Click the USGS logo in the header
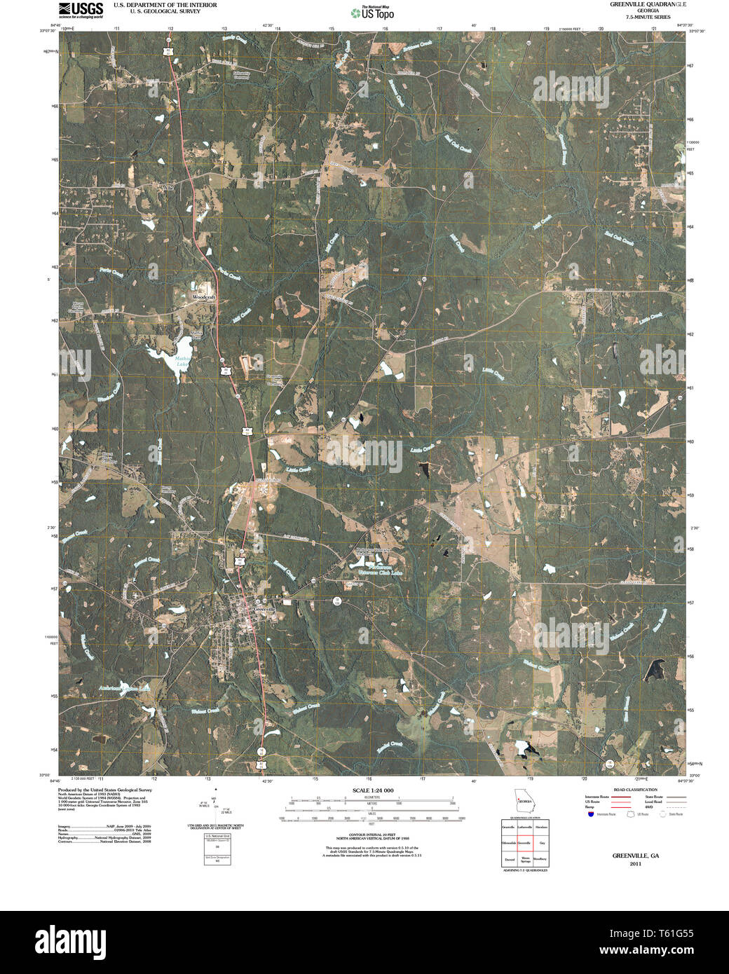[x=81, y=9]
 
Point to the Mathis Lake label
[x=182, y=362]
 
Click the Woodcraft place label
[x=204, y=298]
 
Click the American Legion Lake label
[x=125, y=688]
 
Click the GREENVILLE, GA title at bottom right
[x=635, y=856]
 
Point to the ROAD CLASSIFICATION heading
[x=635, y=790]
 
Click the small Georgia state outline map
[x=524, y=799]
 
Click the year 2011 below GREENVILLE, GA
[x=635, y=864]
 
